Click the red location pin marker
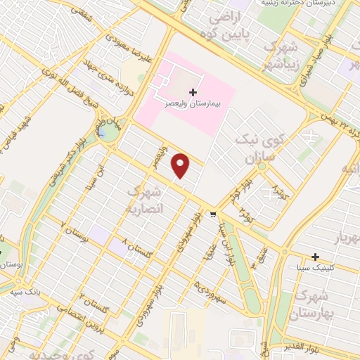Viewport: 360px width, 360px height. click(x=181, y=166)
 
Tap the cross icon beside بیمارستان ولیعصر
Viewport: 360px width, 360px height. click(x=193, y=91)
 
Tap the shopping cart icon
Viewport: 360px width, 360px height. click(x=213, y=214)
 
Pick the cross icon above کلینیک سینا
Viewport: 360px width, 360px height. click(x=316, y=256)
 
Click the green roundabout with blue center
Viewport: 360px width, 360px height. click(x=106, y=133)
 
